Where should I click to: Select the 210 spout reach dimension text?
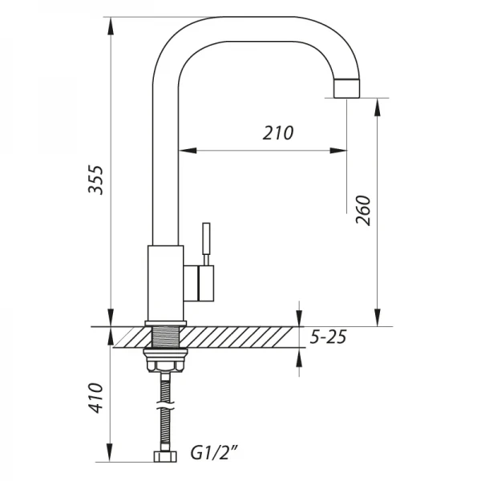(x=278, y=133)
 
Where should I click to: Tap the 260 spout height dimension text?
(x=362, y=210)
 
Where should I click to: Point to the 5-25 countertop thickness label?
(x=327, y=338)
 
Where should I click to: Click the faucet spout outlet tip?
(x=347, y=88)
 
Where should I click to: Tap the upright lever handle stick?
(x=204, y=241)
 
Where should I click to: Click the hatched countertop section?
(x=240, y=338)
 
